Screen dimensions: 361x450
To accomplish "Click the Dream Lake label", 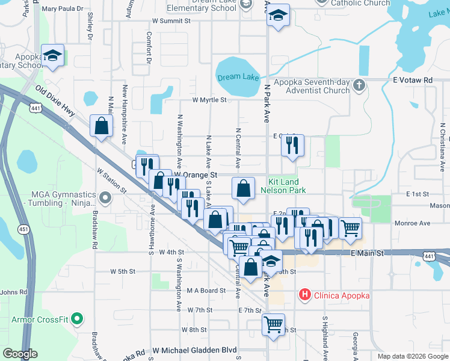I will (238, 77).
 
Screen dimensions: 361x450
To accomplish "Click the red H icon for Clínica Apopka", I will (306, 295).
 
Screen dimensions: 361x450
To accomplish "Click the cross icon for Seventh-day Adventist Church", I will (359, 85).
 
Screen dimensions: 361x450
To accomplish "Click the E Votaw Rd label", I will (413, 79).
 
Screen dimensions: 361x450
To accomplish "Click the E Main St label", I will (368, 254).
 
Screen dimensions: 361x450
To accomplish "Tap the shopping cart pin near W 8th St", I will (273, 325).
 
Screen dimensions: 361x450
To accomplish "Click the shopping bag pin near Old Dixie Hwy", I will (101, 126).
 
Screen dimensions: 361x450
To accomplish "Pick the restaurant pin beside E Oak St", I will (292, 145).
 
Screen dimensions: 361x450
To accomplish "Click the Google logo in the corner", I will (20, 354).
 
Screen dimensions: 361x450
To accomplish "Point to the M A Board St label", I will (206, 290).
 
